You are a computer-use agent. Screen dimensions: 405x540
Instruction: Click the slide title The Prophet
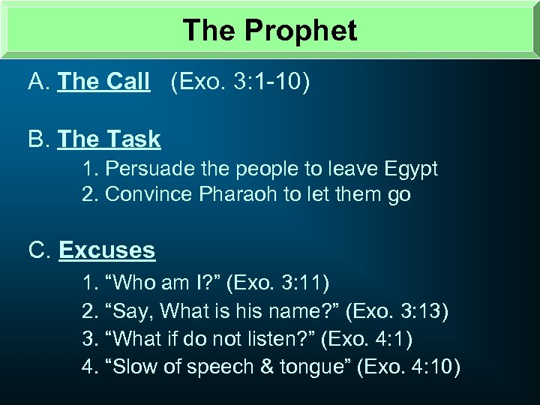click(270, 30)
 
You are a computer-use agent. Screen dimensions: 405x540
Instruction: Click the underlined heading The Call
click(103, 82)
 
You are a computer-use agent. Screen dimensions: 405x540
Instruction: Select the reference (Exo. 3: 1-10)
click(240, 82)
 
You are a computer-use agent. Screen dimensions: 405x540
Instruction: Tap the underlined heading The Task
click(109, 139)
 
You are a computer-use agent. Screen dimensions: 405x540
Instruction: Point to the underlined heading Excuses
click(106, 250)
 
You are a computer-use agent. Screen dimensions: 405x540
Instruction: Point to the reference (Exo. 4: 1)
click(365, 339)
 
